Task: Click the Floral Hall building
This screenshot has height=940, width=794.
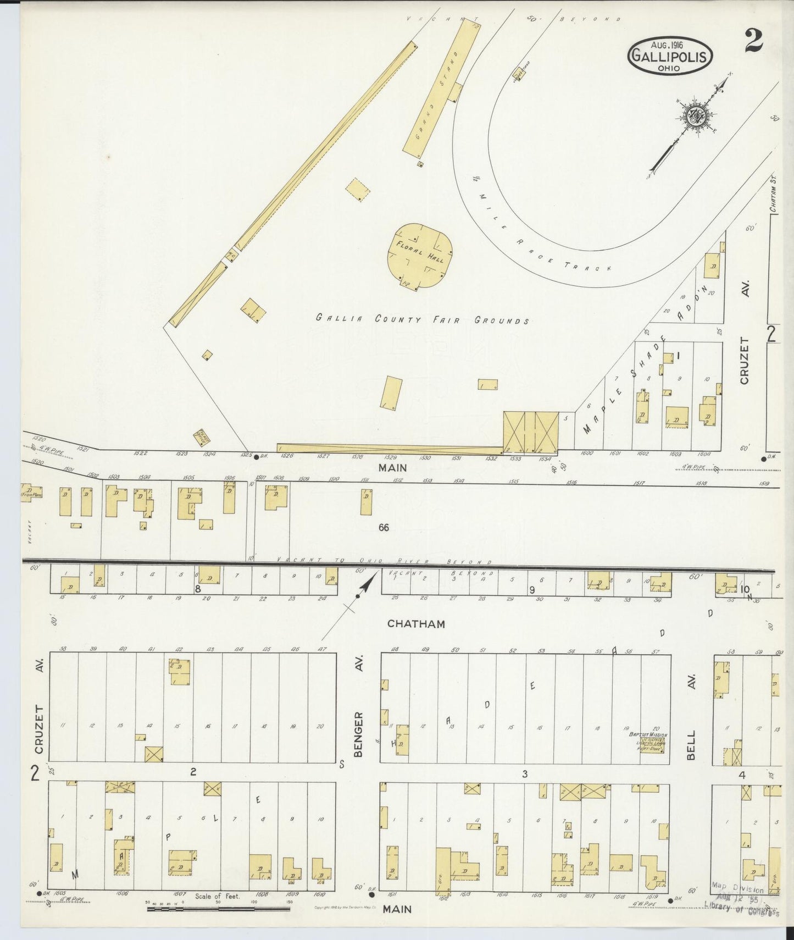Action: (x=420, y=256)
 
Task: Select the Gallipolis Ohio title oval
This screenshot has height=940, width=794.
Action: (x=670, y=56)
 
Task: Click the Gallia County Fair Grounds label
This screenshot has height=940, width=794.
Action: (x=422, y=319)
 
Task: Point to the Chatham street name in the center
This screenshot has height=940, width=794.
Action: (x=415, y=623)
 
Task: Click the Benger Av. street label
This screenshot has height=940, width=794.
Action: (x=359, y=734)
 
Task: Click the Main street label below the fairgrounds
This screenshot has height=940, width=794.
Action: (x=393, y=468)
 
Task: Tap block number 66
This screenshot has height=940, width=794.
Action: (x=383, y=527)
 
